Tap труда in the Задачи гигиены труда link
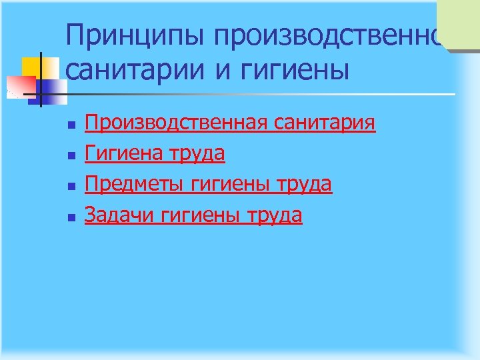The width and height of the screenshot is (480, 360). click(x=275, y=215)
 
